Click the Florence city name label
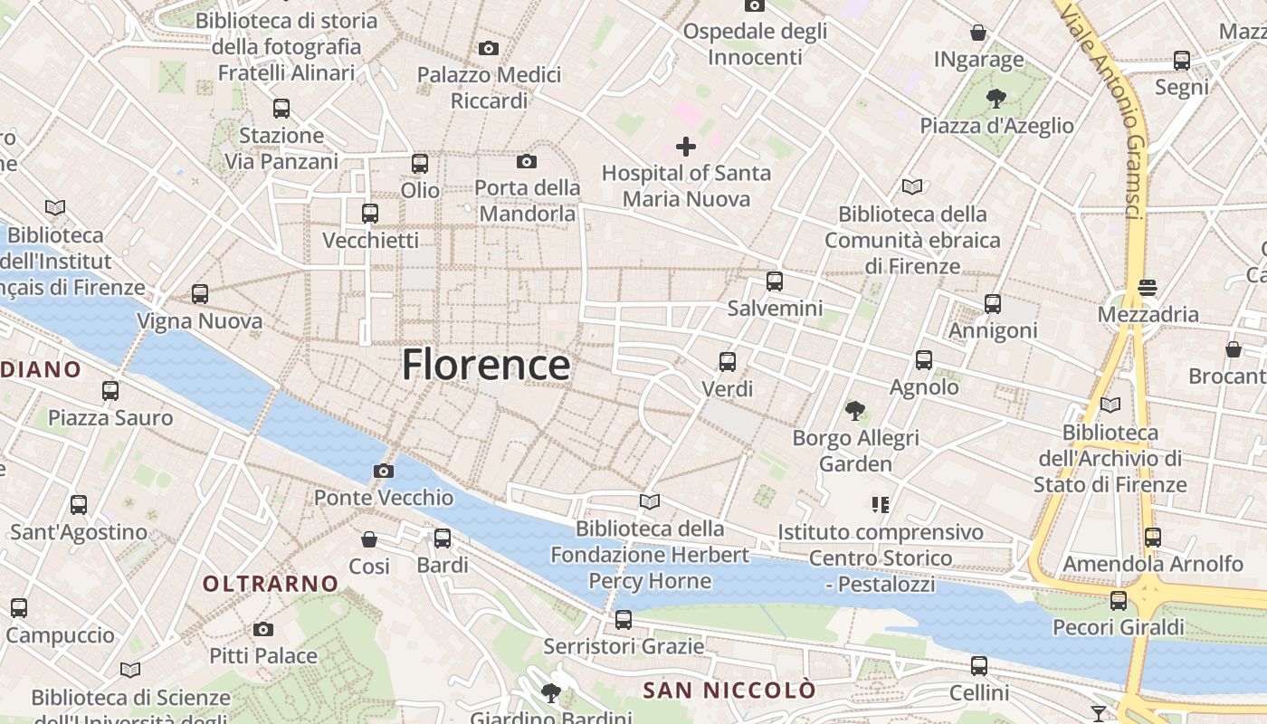click(x=486, y=365)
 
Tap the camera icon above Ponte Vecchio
click(x=384, y=471)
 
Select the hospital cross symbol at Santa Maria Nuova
click(x=686, y=146)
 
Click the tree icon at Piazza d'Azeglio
click(x=996, y=98)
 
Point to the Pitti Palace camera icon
click(x=263, y=629)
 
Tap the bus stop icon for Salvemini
click(x=774, y=281)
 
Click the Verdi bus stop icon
click(x=728, y=362)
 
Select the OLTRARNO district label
click(x=271, y=584)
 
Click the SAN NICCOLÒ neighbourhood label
click(x=729, y=691)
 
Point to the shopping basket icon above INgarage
click(x=978, y=33)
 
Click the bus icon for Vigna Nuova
click(x=200, y=294)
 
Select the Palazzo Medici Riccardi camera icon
click(x=489, y=48)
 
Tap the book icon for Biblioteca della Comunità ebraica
click(x=912, y=187)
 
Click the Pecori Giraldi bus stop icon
click(x=1119, y=601)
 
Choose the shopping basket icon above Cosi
click(x=369, y=539)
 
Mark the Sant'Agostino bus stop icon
click(x=79, y=505)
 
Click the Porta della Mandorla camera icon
click(x=527, y=162)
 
